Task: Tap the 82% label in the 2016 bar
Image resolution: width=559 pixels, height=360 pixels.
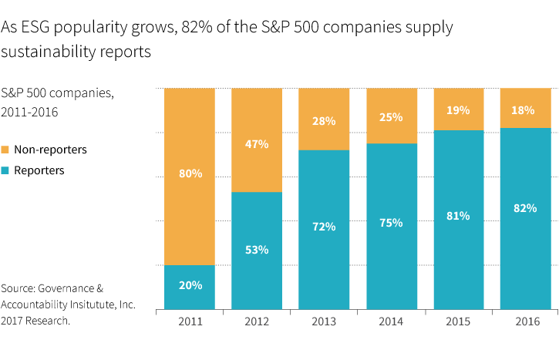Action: (x=525, y=207)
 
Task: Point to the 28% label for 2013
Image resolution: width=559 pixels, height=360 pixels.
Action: (x=323, y=121)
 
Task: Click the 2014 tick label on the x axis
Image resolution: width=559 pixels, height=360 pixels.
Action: (x=392, y=321)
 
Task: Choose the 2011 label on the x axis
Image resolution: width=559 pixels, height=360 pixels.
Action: (x=190, y=321)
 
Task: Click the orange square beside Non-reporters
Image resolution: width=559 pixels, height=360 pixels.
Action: (x=5, y=150)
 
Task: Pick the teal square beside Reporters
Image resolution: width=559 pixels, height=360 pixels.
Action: (x=5, y=171)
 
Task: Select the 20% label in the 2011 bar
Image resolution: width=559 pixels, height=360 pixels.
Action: (x=190, y=285)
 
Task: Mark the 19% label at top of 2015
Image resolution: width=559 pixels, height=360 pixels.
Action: (x=458, y=110)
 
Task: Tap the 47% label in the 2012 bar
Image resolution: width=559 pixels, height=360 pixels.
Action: (x=257, y=144)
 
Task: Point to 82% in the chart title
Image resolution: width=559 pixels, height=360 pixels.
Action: (x=195, y=29)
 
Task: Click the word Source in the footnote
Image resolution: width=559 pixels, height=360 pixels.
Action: (x=19, y=288)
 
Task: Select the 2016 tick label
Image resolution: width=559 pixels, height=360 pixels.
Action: (x=526, y=321)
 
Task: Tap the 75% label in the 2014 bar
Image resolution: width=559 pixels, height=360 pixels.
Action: (x=392, y=224)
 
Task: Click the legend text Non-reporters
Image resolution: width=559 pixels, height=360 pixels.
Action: (x=50, y=150)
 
